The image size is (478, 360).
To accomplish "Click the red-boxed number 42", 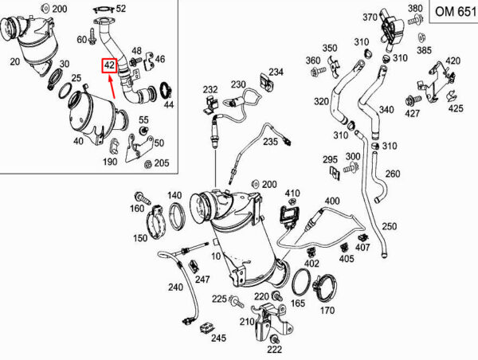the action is pyautogui.click(x=109, y=65).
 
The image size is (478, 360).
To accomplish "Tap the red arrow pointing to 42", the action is pyautogui.click(x=112, y=87).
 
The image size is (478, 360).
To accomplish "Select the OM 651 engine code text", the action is pyautogui.click(x=456, y=12).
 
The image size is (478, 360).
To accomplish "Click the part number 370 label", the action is pyautogui.click(x=370, y=17).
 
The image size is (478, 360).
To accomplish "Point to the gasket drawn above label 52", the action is pyautogui.click(x=104, y=10).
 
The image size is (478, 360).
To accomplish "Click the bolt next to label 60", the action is pyautogui.click(x=91, y=37).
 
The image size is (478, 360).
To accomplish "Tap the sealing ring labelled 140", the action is pyautogui.click(x=177, y=217).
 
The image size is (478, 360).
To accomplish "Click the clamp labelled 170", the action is pyautogui.click(x=325, y=289).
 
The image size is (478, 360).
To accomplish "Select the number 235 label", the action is pyautogui.click(x=270, y=141).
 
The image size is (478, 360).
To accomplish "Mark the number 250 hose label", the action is pyautogui.click(x=390, y=226).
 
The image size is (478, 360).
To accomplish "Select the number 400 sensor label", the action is pyautogui.click(x=332, y=201).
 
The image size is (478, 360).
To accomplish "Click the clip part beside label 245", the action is pyautogui.click(x=206, y=329).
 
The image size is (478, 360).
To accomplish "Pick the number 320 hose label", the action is pyautogui.click(x=322, y=101).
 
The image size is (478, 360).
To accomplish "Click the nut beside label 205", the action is pyautogui.click(x=148, y=164).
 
